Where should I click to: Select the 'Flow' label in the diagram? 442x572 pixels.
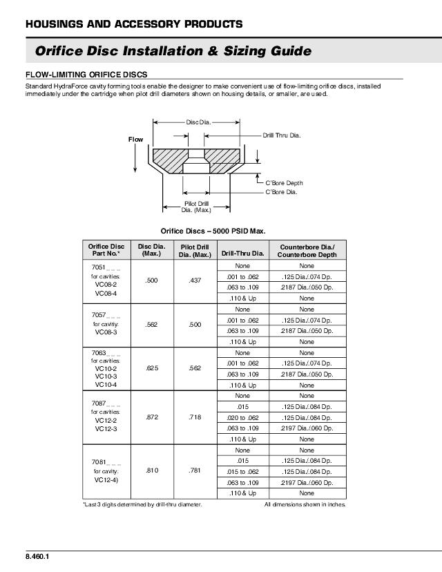[135, 140]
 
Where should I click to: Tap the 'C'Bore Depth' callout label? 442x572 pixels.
[285, 183]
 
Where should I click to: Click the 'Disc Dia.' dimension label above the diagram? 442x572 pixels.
[197, 122]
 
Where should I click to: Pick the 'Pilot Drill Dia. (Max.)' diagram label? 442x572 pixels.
[197, 207]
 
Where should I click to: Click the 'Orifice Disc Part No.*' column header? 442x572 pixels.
[106, 249]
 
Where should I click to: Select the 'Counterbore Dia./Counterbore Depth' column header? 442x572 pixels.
[307, 250]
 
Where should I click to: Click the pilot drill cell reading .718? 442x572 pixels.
[195, 418]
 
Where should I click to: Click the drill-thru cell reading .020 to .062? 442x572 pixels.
[242, 418]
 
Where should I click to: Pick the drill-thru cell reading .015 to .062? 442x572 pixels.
[242, 471]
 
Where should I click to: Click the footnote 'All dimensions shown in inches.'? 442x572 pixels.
[305, 504]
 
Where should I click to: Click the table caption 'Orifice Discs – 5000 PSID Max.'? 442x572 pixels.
[213, 231]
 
